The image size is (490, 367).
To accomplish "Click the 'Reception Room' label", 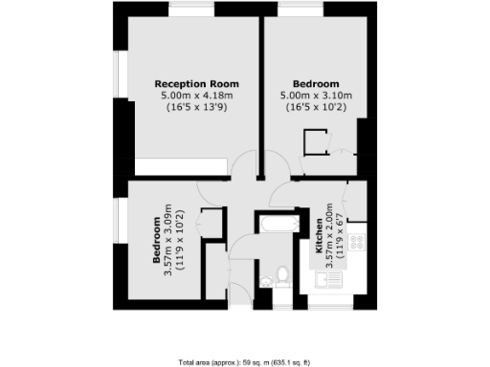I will pyautogui.click(x=197, y=84).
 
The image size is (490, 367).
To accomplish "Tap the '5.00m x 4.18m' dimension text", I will pyautogui.click(x=197, y=96).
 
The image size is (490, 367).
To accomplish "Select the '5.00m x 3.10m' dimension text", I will pyautogui.click(x=316, y=96).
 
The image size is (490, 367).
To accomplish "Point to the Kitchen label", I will pyautogui.click(x=319, y=236).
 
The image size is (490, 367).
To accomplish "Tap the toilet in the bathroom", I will pyautogui.click(x=282, y=277).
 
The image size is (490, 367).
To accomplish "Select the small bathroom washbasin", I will pyautogui.click(x=264, y=280).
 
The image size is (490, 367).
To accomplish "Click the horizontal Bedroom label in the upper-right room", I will pyautogui.click(x=316, y=84).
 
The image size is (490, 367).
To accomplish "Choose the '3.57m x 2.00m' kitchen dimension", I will pyautogui.click(x=331, y=236).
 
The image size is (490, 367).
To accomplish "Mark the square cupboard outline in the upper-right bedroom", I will pyautogui.click(x=313, y=144).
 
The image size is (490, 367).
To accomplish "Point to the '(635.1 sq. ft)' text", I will pyautogui.click(x=287, y=362).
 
